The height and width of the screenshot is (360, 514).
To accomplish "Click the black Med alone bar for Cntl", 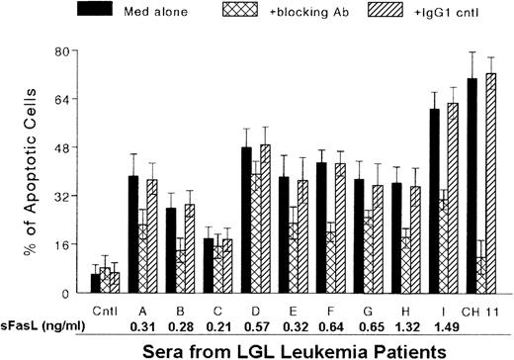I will coord(95,284).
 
